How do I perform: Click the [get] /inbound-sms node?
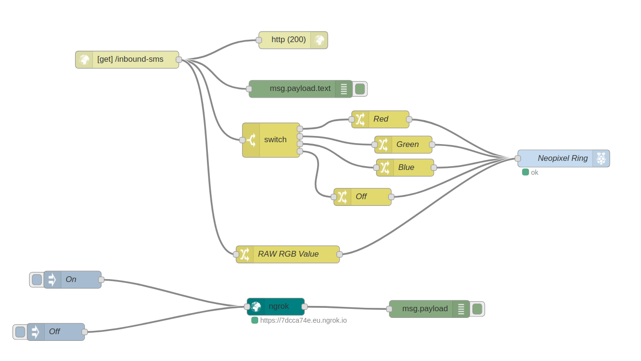tap(127, 59)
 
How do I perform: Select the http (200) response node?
tap(293, 40)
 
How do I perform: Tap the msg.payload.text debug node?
tap(300, 89)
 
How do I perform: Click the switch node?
tap(271, 140)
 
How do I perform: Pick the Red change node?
tap(380, 119)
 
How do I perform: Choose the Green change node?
tap(403, 145)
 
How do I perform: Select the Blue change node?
tap(405, 168)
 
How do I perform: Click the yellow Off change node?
tap(362, 197)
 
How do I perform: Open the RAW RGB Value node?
tap(287, 254)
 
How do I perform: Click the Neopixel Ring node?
tap(563, 158)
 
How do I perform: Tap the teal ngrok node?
tap(275, 306)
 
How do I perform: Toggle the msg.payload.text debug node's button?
tap(360, 89)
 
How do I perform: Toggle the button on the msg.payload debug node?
tap(477, 309)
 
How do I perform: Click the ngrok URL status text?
tap(303, 320)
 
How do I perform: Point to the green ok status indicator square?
tap(526, 172)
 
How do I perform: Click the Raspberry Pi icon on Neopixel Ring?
tap(601, 158)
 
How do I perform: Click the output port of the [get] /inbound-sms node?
tap(179, 59)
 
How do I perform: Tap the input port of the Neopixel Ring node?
tap(517, 158)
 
